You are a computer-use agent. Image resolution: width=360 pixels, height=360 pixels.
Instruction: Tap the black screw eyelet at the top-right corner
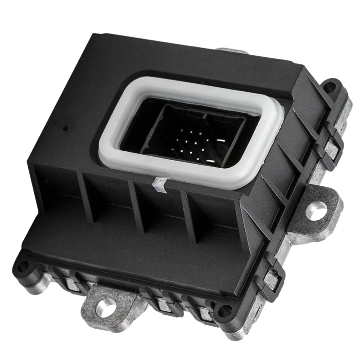pyautogui.click(x=333, y=85)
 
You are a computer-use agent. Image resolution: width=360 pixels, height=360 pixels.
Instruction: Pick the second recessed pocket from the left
pyautogui.click(x=110, y=205)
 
